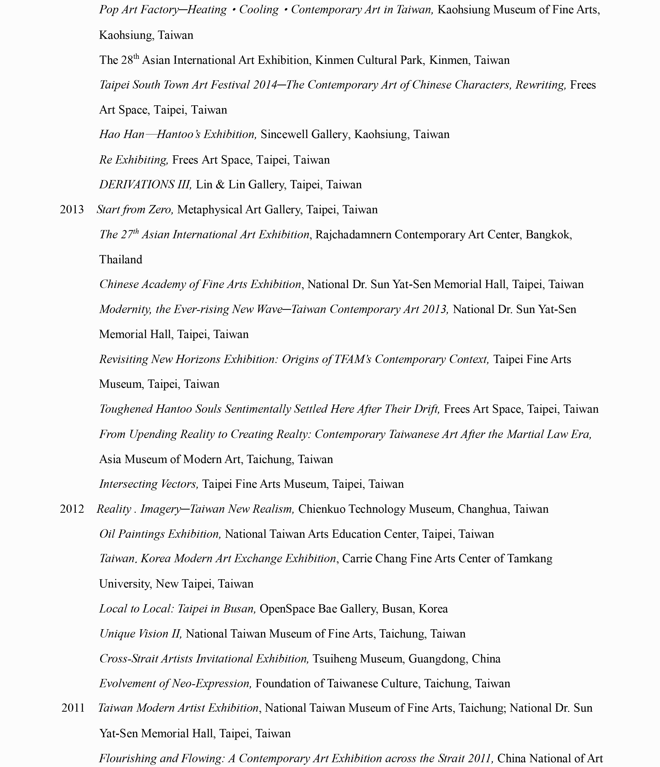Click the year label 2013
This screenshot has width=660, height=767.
point(72,210)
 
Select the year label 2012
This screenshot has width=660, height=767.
point(72,509)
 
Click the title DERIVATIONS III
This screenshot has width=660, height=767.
point(145,184)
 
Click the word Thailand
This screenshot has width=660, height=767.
point(121,260)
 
